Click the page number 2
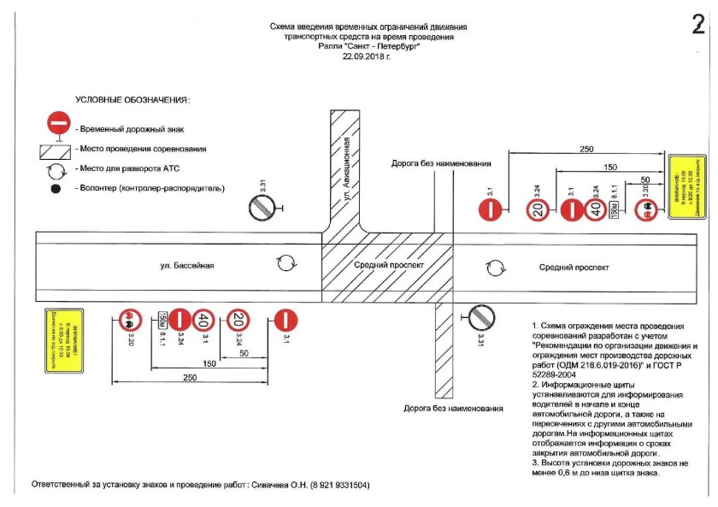[697, 26]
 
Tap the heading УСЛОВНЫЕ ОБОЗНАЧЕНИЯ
[132, 100]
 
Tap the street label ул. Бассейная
[187, 266]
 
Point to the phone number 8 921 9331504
[337, 485]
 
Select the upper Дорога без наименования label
[441, 162]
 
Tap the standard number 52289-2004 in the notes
[556, 374]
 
